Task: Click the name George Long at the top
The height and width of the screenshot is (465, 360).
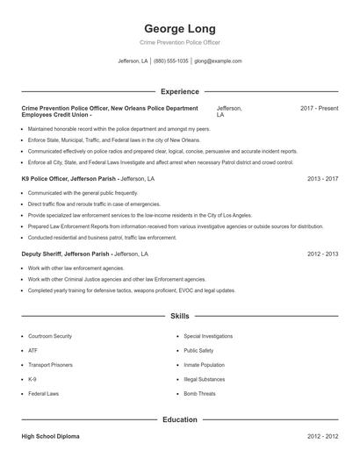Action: (179, 28)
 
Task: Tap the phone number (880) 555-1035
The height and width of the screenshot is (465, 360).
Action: (171, 61)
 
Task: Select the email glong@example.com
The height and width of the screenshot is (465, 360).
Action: (218, 61)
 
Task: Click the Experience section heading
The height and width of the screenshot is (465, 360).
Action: (179, 91)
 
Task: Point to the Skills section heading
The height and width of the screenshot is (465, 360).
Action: (179, 315)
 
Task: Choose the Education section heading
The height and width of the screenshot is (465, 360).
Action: (179, 419)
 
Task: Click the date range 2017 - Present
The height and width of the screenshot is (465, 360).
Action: (319, 108)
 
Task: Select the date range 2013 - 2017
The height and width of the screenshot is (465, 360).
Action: (322, 178)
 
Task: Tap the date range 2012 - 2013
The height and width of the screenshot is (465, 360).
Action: (322, 254)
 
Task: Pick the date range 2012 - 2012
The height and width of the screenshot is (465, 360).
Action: (322, 436)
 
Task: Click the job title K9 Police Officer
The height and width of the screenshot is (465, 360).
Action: (47, 178)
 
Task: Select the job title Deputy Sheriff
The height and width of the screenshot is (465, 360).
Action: (43, 254)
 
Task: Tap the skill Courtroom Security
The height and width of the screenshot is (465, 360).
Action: (49, 336)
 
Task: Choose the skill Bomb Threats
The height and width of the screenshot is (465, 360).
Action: (199, 393)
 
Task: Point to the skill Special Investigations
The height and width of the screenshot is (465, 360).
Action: (208, 336)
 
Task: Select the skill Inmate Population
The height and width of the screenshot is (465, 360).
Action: (205, 365)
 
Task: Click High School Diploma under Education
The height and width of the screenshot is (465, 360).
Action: (53, 436)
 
